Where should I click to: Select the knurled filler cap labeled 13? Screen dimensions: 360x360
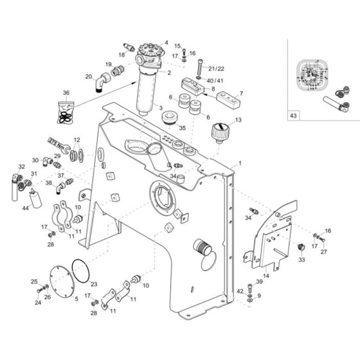point(219,133)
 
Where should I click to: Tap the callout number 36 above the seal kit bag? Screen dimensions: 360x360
point(66,93)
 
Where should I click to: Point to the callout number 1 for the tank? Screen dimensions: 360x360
point(240,164)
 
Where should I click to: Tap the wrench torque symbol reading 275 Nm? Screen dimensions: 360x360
point(57,141)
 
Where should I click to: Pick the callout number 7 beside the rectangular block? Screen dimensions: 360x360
point(241,93)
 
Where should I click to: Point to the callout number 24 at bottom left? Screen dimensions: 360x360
point(37,302)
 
